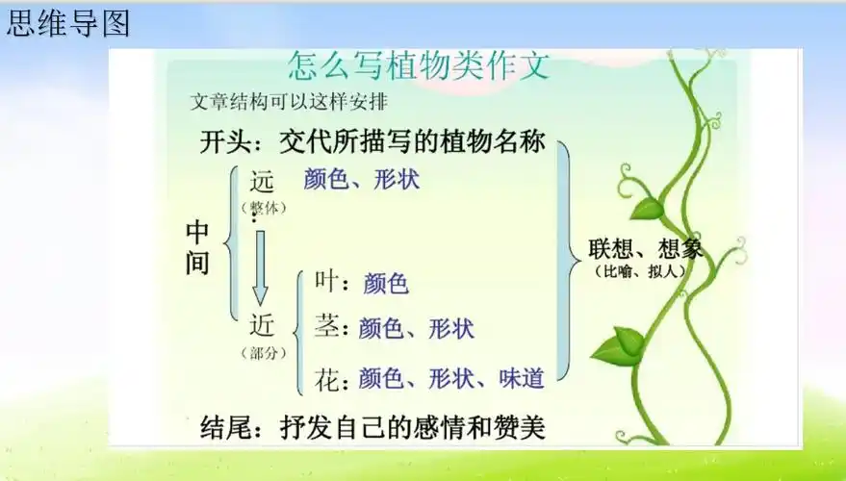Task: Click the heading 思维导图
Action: tap(67, 24)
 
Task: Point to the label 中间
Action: tap(197, 247)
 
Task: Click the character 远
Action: tap(263, 180)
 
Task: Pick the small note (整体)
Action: tap(263, 207)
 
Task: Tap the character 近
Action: tap(263, 325)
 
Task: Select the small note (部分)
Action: tap(264, 353)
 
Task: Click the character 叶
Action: tap(326, 282)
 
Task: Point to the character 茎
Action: tap(327, 327)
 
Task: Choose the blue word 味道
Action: tap(522, 378)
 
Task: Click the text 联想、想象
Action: tap(645, 249)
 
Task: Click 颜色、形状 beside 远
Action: tap(362, 179)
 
